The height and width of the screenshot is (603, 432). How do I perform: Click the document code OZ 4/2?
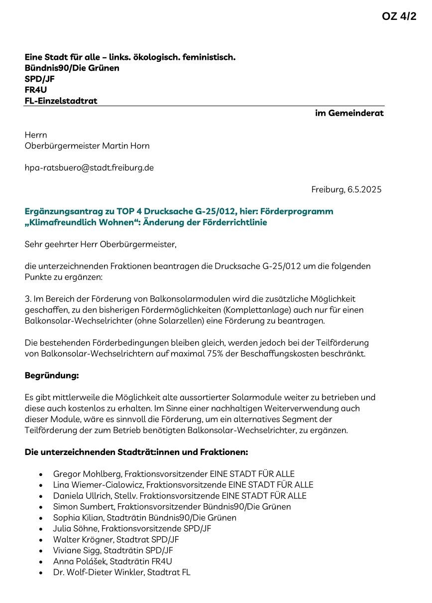coord(399,16)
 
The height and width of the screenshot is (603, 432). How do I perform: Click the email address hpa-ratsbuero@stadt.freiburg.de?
coord(89,168)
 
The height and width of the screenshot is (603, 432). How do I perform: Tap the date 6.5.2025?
coord(363,190)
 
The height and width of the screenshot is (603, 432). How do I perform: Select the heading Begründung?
coord(52,376)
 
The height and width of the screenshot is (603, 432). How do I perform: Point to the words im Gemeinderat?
coord(349,113)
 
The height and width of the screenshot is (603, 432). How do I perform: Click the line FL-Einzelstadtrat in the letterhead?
coord(61,101)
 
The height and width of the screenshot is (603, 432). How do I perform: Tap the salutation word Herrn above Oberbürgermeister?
coord(36,135)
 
